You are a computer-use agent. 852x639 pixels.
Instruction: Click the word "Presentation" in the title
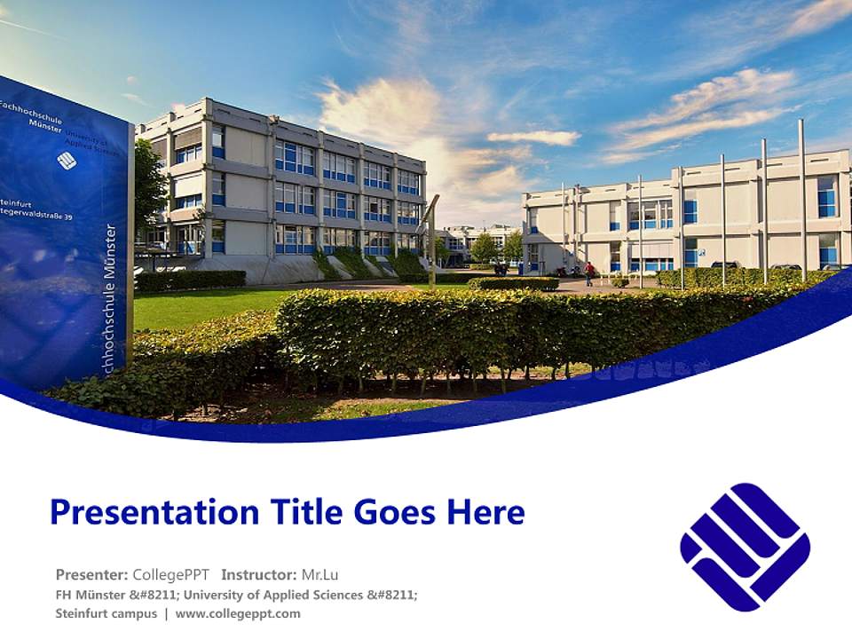(147, 512)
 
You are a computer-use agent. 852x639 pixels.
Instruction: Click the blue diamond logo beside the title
(745, 547)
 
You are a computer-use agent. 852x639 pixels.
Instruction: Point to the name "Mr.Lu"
(320, 574)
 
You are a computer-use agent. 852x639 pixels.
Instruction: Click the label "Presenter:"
(91, 574)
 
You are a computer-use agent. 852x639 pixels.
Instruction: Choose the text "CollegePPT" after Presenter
(170, 574)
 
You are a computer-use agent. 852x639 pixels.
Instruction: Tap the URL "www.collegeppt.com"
(238, 613)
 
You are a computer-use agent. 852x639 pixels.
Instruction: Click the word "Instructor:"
(259, 574)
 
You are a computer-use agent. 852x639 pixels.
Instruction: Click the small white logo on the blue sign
(67, 160)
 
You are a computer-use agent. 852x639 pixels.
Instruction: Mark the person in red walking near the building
(588, 272)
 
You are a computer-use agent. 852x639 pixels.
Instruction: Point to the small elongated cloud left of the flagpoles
(533, 138)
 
